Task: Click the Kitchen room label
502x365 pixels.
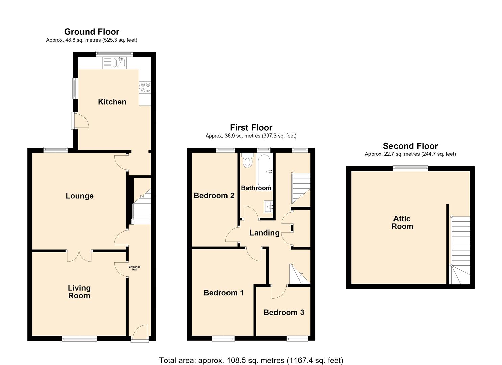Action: coord(112,102)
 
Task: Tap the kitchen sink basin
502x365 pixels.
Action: coord(121,63)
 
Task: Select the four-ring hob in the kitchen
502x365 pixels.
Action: coord(145,88)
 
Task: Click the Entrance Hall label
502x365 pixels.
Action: coord(135,268)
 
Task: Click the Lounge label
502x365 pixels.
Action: coord(79,196)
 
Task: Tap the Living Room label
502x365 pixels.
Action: coord(79,292)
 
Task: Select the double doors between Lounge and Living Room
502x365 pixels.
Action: coord(79,256)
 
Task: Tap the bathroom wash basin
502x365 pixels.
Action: coord(268,206)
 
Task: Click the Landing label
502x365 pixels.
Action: coord(264,233)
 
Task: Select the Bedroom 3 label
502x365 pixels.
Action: coord(284,312)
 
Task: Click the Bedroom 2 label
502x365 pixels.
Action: coord(214,196)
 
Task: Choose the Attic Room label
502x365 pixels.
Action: coord(402,222)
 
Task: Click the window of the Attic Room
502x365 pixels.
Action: coord(411,168)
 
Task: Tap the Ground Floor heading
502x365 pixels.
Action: coord(92,32)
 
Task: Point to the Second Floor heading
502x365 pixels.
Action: coord(410,146)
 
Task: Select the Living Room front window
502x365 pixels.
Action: coord(79,338)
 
